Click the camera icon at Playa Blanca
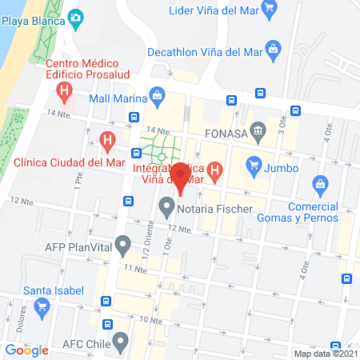[76, 17]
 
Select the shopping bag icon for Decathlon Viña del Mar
[274, 50]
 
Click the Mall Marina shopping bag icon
[158, 98]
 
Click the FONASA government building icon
[258, 130]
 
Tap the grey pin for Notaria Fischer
[166, 209]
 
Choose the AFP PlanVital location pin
[122, 243]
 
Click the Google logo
[26, 350]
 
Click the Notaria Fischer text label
[215, 210]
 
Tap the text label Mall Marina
[118, 99]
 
